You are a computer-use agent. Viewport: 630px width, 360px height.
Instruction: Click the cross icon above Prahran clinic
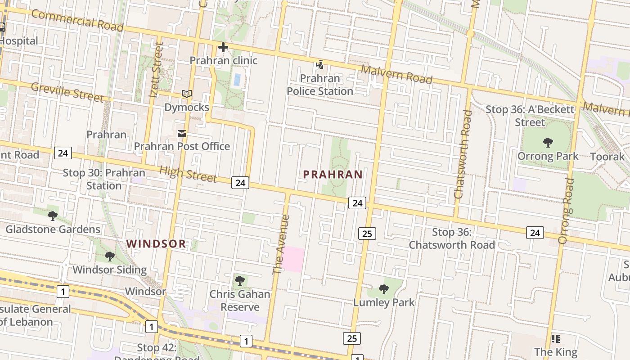(x=223, y=47)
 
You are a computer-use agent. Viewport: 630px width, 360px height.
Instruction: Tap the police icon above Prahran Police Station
(x=319, y=65)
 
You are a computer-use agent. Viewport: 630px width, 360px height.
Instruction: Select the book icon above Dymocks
(x=187, y=94)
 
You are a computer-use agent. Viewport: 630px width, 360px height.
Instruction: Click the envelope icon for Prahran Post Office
(x=182, y=134)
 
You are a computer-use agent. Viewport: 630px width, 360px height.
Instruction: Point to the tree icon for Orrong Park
(x=548, y=143)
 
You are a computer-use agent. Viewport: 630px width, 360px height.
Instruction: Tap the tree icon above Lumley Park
(x=383, y=289)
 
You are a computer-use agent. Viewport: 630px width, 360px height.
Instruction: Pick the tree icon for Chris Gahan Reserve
(x=240, y=281)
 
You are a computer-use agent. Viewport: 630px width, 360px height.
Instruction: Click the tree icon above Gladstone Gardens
(x=53, y=216)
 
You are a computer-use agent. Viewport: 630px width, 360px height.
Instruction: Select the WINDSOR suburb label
(x=156, y=244)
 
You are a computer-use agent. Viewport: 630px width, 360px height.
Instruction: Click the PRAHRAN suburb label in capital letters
(x=333, y=175)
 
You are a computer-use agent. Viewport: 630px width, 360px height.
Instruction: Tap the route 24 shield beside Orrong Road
(x=535, y=233)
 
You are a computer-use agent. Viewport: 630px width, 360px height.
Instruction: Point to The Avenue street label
(x=282, y=244)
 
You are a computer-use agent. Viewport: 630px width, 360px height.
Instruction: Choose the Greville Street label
(x=67, y=92)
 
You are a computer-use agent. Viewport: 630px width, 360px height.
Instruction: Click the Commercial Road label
(x=77, y=21)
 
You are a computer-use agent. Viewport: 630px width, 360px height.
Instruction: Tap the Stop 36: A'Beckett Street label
(x=530, y=116)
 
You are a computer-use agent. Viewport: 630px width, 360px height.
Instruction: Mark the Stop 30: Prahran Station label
(x=104, y=179)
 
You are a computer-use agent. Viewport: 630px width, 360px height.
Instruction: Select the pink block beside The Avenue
(x=293, y=259)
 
